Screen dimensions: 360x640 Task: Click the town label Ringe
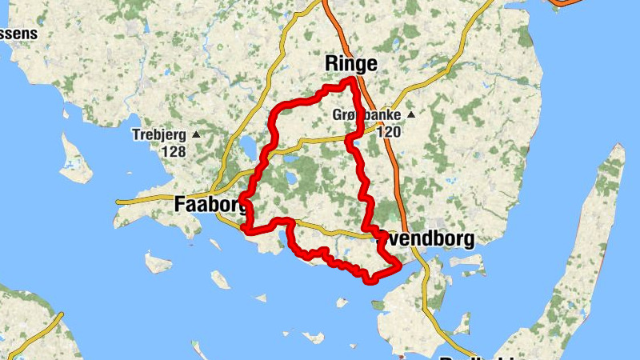[351, 64]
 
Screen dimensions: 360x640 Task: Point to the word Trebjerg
[158, 135]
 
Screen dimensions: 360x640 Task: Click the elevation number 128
[173, 150]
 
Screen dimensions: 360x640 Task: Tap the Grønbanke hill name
[366, 116]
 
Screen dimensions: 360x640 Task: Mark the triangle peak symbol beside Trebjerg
[196, 135]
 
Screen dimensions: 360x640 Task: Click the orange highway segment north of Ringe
[334, 24]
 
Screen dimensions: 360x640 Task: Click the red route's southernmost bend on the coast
[369, 279]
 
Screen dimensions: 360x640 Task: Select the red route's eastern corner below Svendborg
[398, 265]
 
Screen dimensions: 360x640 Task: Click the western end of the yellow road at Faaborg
[118, 202]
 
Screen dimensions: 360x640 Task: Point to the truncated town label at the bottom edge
[472, 356]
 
